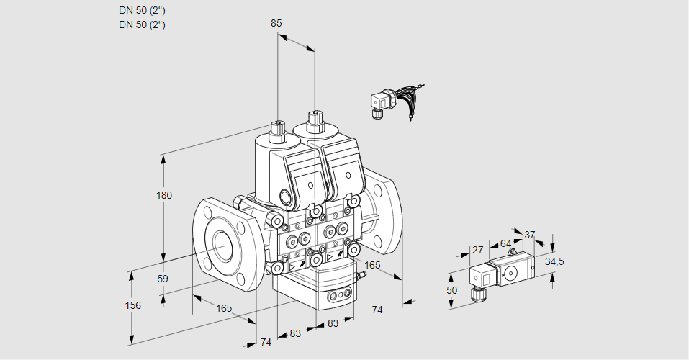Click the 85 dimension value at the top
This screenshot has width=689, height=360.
[276, 23]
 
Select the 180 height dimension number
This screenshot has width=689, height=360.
[166, 196]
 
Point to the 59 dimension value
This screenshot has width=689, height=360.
[163, 279]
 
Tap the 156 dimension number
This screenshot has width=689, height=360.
[132, 305]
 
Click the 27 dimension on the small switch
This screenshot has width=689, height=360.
[477, 250]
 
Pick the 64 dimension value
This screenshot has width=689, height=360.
[505, 243]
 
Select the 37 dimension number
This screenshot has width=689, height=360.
[530, 235]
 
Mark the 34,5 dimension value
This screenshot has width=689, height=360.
[554, 261]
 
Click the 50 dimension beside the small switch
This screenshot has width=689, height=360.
[451, 290]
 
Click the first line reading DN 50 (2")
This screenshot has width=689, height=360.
[142, 10]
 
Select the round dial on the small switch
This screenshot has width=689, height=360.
[512, 273]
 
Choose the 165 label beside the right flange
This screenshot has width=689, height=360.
[372, 266]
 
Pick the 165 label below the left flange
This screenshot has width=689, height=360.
[224, 308]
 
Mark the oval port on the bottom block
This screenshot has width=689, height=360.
[339, 295]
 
